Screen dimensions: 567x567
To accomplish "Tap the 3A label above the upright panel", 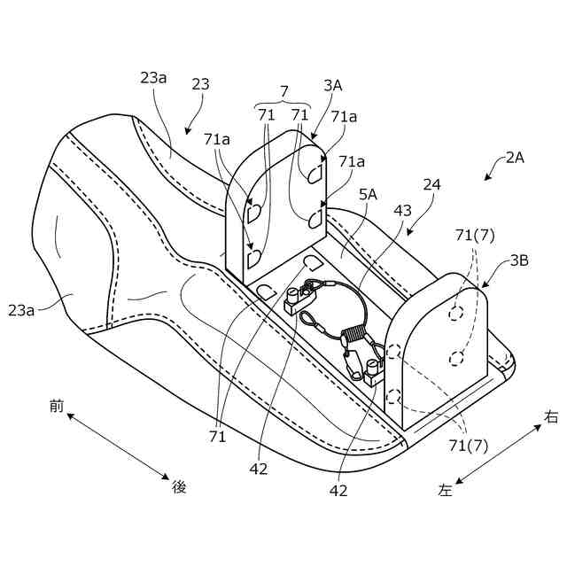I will coord(333,86).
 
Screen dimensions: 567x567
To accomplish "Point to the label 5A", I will coord(368,192).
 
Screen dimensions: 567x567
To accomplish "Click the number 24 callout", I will coord(431,185).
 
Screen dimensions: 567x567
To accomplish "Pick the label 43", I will coord(402,211).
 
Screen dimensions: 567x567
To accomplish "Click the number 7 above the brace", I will coord(283,91).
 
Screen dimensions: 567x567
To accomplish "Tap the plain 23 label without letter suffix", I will coord(201,84).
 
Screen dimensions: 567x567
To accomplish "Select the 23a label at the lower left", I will coord(23,309).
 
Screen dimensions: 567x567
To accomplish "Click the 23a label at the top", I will coord(153,77).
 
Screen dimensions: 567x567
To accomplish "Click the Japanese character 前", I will coord(57,406).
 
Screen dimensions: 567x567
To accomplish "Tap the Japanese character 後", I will coord(180,485).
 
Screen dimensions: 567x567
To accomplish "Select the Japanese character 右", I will coord(551,416).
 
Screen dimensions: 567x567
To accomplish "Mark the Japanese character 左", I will coord(446,489).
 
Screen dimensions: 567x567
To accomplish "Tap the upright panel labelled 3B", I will coord(434,346).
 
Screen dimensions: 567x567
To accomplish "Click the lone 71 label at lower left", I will coord(217,436).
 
